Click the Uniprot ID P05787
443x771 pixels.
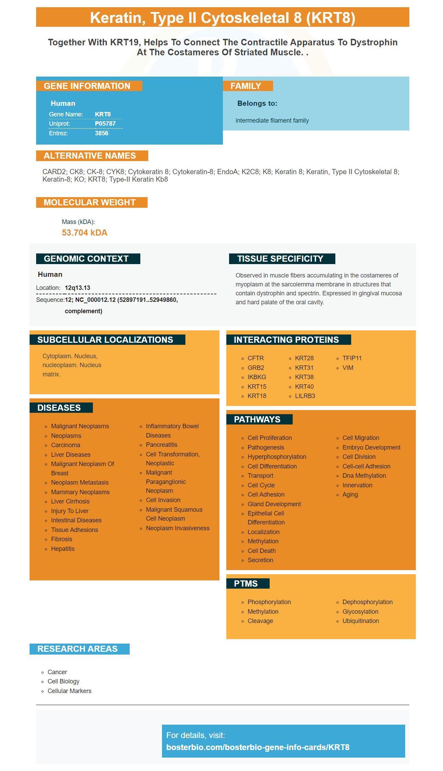click(105, 124)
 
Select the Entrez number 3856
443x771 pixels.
click(101, 133)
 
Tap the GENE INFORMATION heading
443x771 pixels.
click(87, 86)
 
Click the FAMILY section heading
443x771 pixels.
click(246, 86)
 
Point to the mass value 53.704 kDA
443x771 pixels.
click(85, 233)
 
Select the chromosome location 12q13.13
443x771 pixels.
click(77, 288)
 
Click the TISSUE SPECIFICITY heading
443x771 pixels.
click(280, 259)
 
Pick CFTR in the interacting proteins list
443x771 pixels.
click(256, 358)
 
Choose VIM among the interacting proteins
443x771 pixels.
click(348, 368)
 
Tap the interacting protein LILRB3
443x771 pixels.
click(305, 396)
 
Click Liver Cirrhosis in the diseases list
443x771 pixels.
click(70, 501)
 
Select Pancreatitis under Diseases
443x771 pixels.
click(162, 445)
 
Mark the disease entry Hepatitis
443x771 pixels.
click(63, 549)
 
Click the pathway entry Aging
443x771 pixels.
click(350, 495)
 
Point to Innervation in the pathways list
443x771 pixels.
click(357, 485)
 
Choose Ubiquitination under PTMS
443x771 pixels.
click(360, 621)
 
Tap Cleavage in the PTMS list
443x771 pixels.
click(260, 621)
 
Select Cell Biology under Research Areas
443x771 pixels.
click(64, 681)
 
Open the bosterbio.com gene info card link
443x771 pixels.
click(258, 747)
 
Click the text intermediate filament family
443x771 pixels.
click(272, 121)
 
